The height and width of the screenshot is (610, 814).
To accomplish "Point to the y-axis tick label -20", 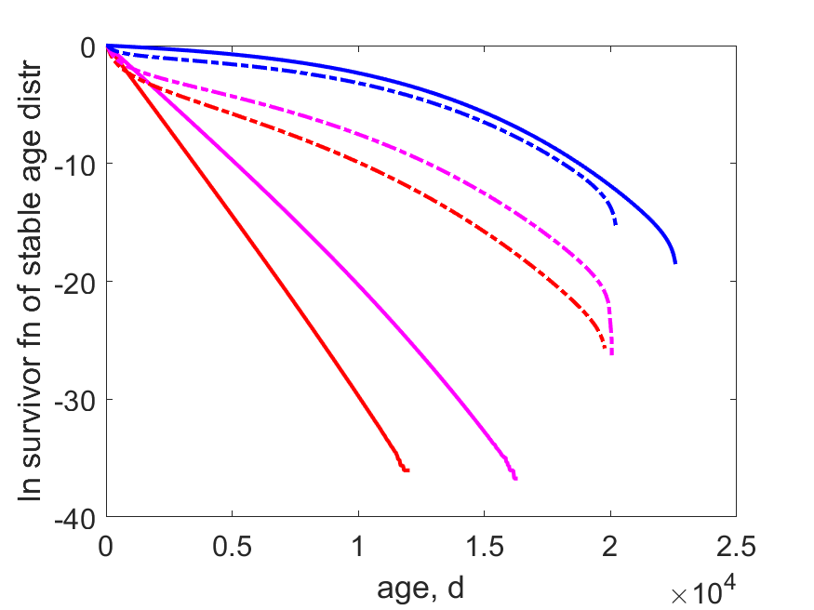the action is [75, 284].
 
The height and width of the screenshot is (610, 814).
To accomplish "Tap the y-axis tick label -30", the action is [75, 402].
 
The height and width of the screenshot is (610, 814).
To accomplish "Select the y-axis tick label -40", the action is [75, 520].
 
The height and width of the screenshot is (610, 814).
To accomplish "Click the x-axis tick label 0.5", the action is [232, 546].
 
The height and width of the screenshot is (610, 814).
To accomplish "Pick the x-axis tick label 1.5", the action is [485, 546].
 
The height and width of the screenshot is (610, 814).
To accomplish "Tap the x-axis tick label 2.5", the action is [736, 546].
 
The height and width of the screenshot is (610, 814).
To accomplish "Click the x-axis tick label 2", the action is [610, 546].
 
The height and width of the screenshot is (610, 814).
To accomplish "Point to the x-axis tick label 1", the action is [358, 546].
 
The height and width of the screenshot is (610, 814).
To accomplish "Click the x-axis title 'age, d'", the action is [420, 589].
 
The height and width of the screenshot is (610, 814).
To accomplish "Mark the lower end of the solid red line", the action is [408, 471].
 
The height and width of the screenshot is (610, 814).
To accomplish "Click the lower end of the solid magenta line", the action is [515, 479].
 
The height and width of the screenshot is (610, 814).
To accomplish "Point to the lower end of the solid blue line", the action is [675, 263].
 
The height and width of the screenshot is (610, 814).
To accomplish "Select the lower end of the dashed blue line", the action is [616, 224].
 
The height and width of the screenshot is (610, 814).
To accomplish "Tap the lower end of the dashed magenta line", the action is [612, 354].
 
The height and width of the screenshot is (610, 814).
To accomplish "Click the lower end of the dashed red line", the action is [605, 347].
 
